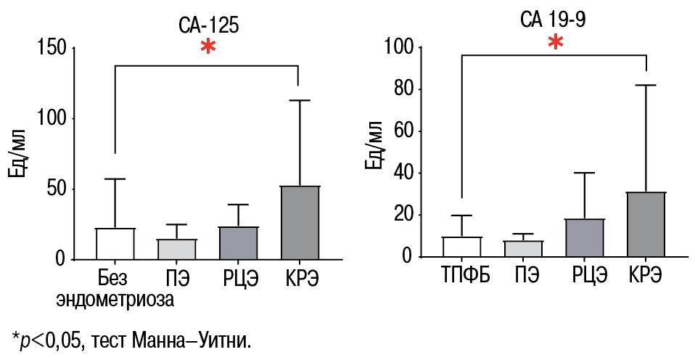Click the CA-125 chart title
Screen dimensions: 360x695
209,26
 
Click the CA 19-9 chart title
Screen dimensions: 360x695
553,20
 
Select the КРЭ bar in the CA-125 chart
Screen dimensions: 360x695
299,222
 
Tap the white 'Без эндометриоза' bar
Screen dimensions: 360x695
115,244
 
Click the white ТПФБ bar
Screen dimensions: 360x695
462,247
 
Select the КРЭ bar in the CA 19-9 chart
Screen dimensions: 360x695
646,224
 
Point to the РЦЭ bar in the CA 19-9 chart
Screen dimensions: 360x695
585,238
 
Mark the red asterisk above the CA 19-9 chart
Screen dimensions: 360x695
555,42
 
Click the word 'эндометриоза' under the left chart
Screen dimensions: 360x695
115,298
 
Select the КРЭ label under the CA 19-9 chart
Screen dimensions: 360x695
646,277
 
